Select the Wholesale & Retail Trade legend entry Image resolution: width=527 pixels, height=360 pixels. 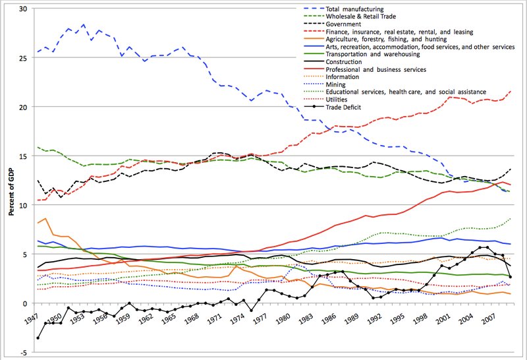(359, 16)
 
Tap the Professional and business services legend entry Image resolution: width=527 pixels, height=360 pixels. (376, 69)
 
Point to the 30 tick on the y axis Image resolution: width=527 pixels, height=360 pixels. (23, 9)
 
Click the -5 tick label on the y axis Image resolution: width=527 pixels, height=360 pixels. (23, 352)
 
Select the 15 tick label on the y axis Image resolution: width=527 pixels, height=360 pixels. (23, 156)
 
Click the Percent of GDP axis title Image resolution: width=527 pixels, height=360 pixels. (9, 181)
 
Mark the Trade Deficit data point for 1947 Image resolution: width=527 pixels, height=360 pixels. (38, 338)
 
